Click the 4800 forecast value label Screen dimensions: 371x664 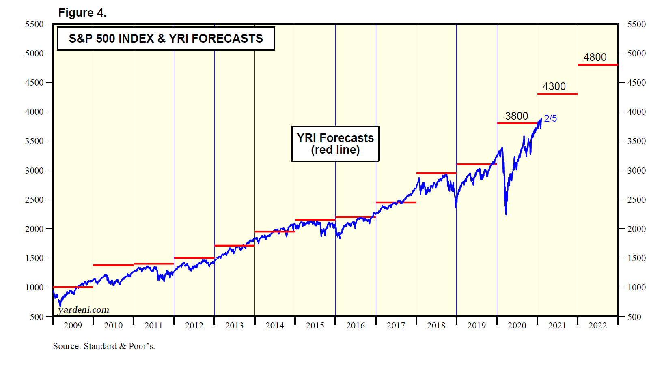click(595, 57)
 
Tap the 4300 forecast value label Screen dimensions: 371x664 click(554, 86)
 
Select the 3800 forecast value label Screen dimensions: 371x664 click(516, 116)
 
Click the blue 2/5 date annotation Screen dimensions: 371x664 click(550, 118)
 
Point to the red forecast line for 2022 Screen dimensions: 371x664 click(597, 65)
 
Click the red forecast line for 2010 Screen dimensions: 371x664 click(113, 265)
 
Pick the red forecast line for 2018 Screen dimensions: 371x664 click(436, 173)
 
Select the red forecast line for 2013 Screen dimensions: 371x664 click(234, 246)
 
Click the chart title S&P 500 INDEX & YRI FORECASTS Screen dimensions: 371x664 click(166, 39)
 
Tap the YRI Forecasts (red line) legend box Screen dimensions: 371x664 click(335, 144)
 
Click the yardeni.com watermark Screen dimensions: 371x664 click(84, 310)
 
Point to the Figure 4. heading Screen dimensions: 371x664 click(82, 13)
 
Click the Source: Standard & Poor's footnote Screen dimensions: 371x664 click(104, 346)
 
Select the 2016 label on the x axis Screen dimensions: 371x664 click(356, 326)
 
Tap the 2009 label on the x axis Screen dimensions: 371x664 click(73, 326)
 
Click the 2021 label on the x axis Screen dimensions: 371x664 click(557, 326)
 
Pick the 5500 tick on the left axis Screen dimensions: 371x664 click(34, 24)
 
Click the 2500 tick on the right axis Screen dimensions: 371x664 click(636, 200)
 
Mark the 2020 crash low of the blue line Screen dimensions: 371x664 click(506, 214)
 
